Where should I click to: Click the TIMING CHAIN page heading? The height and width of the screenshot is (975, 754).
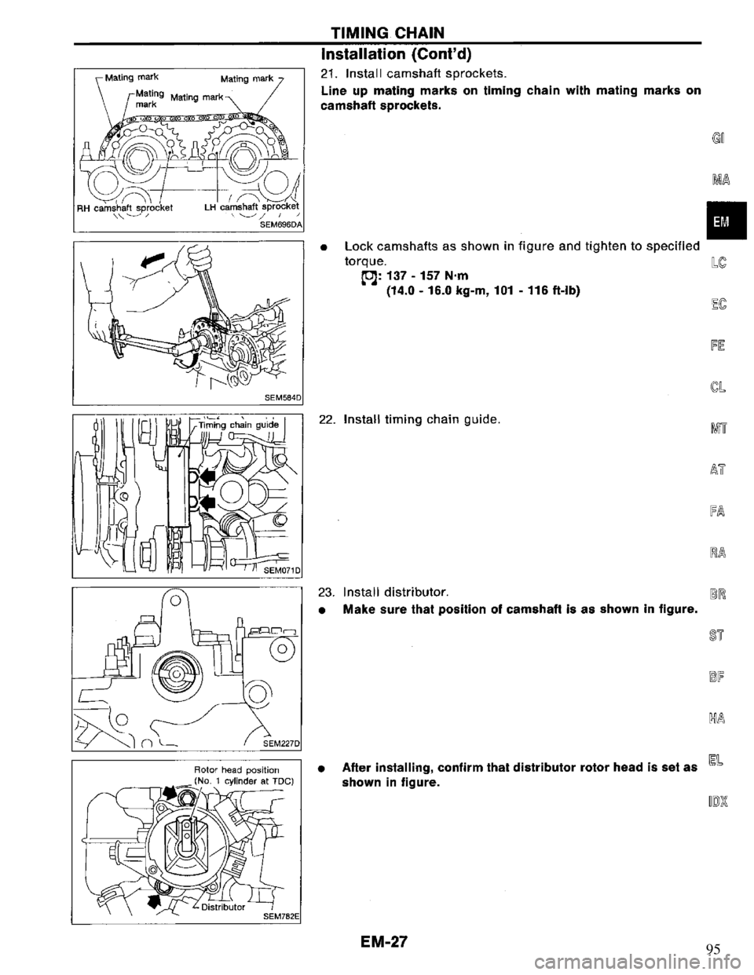(x=387, y=32)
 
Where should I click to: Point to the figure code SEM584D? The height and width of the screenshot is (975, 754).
(x=283, y=396)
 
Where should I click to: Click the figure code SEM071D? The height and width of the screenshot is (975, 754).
(x=283, y=570)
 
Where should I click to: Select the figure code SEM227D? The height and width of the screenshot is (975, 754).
(x=283, y=743)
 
